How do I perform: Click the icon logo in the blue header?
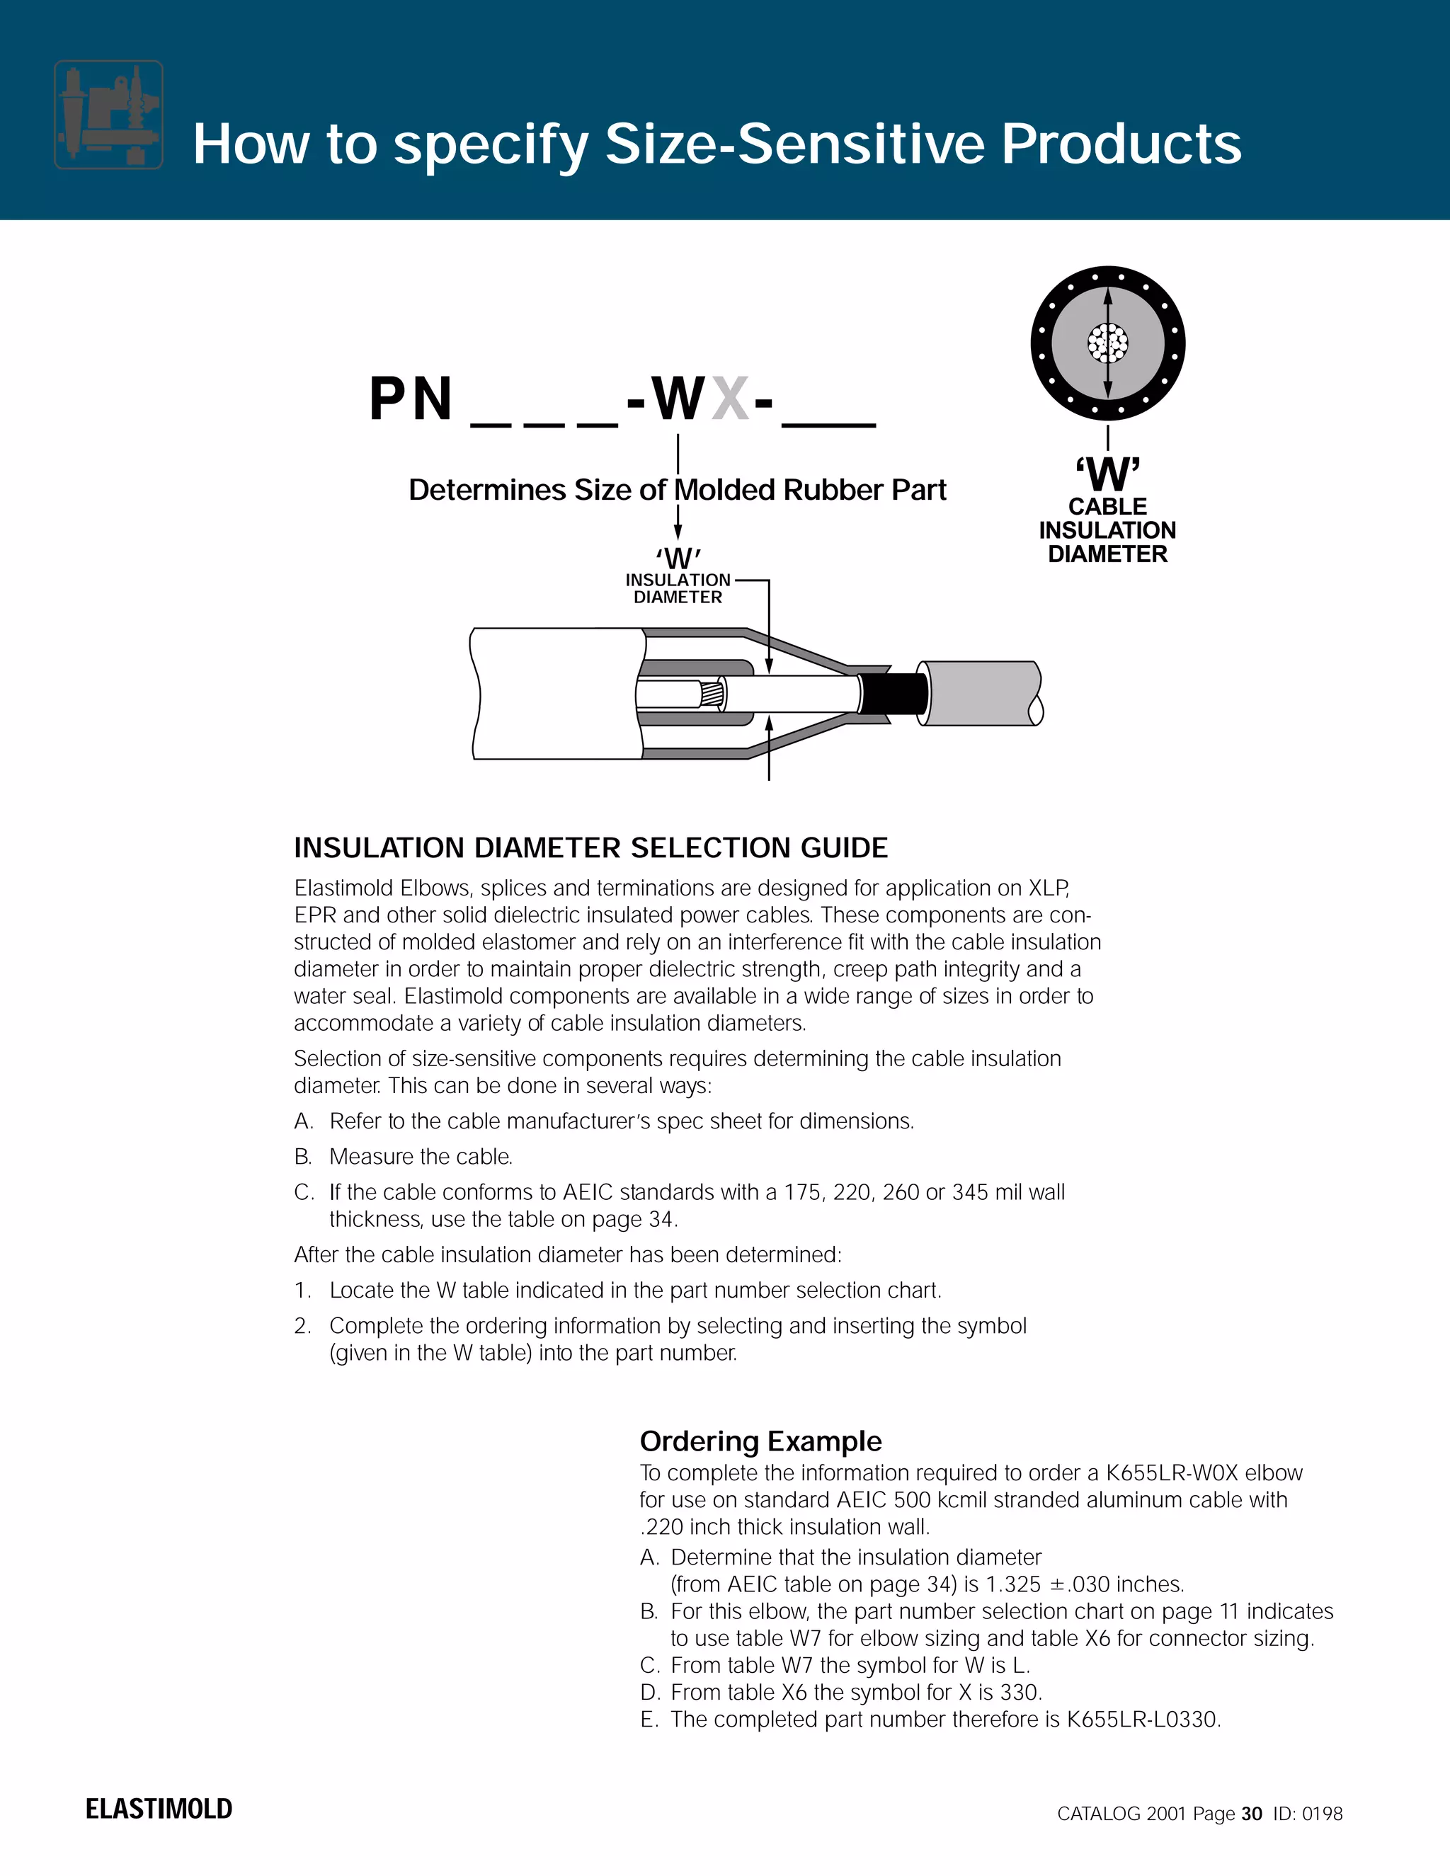[108, 114]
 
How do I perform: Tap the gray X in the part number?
[730, 399]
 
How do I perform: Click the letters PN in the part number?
[411, 399]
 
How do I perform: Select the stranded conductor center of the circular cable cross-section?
[1107, 343]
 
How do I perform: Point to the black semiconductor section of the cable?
[894, 692]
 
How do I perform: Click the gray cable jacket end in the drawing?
[979, 693]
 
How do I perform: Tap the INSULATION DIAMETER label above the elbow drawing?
[678, 588]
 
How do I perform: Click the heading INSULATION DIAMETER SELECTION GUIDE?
[590, 848]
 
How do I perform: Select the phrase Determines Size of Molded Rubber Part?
[677, 490]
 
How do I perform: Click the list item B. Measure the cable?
[404, 1156]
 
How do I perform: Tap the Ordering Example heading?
[760, 1441]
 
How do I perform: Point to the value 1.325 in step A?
[1012, 1584]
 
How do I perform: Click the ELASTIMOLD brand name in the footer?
[159, 1809]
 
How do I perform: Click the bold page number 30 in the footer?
[1252, 1813]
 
